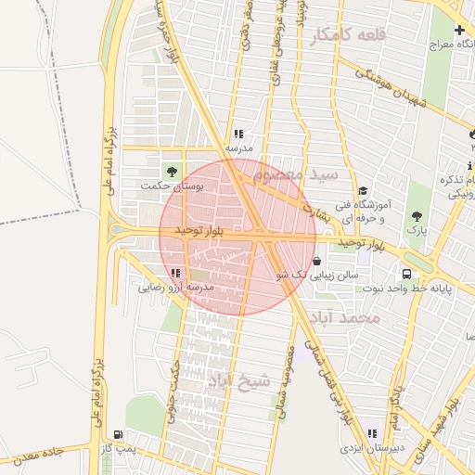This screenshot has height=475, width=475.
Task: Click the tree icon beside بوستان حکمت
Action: click(x=171, y=171)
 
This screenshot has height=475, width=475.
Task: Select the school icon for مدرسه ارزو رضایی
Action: click(x=176, y=273)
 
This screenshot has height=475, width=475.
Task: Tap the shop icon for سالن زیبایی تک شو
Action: click(x=318, y=262)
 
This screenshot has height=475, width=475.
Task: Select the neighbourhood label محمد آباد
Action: click(x=348, y=318)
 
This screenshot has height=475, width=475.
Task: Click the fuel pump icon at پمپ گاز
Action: click(x=117, y=434)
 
